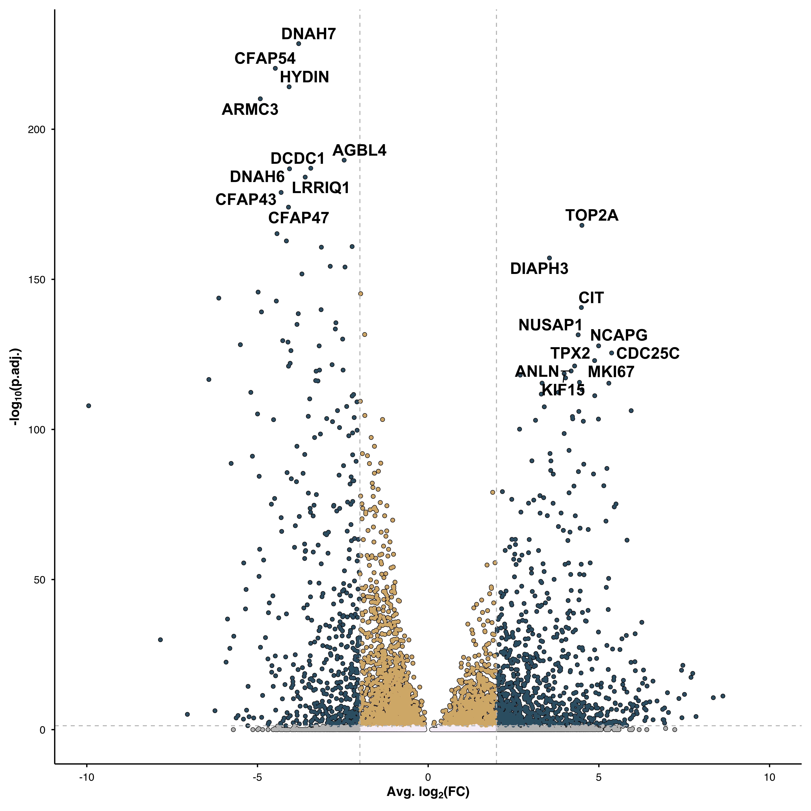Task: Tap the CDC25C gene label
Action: click(x=648, y=353)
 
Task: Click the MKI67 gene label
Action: click(x=611, y=372)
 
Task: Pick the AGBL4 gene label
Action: click(x=359, y=150)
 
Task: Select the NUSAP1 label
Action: click(x=550, y=325)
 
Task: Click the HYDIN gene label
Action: click(x=304, y=77)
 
